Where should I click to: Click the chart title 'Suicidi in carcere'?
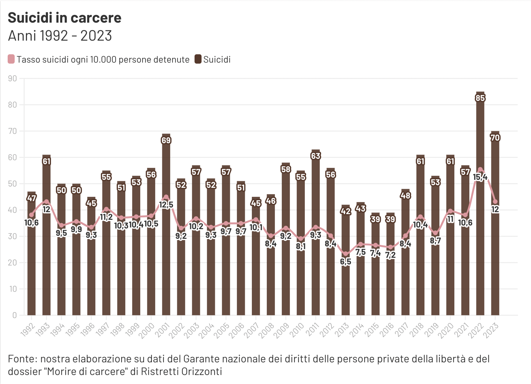click(x=65, y=18)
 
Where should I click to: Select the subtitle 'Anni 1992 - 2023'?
click(x=60, y=36)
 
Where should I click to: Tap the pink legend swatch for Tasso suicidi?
click(x=11, y=59)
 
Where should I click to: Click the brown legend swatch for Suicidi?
click(x=198, y=59)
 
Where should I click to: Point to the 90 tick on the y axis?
click(x=12, y=79)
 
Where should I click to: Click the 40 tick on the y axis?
click(x=12, y=210)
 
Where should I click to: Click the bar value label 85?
click(x=480, y=98)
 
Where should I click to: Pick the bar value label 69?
click(x=166, y=140)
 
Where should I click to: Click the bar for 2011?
click(x=315, y=266)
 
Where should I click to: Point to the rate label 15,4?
click(x=480, y=177)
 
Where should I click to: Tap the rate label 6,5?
click(x=345, y=262)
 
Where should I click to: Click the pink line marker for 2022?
click(x=480, y=170)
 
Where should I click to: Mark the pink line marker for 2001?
click(x=166, y=197)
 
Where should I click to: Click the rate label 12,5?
click(x=166, y=204)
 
